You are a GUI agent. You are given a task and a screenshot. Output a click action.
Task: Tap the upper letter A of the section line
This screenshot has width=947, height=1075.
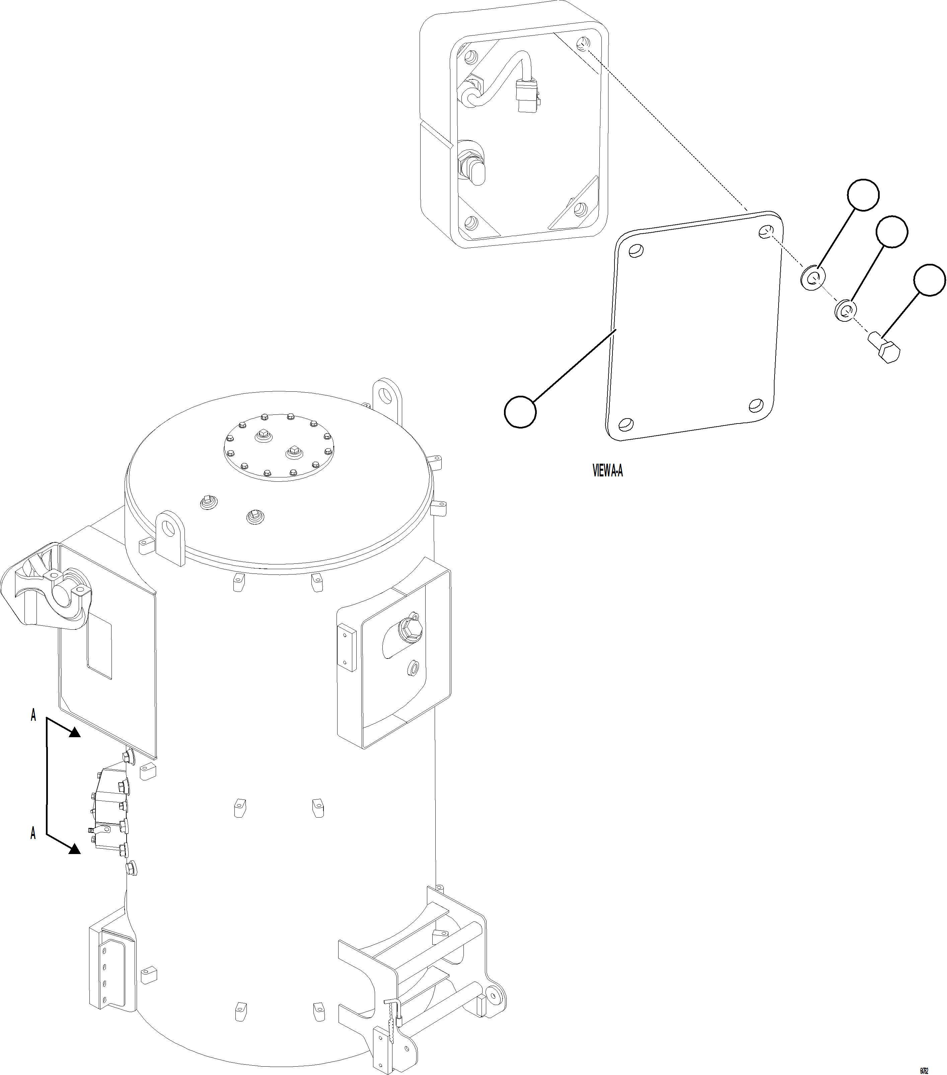(x=33, y=715)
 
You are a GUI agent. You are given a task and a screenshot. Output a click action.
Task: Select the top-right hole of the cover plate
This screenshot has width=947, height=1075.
(x=766, y=231)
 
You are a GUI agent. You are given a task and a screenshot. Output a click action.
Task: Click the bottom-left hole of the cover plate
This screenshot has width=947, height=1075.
(x=626, y=424)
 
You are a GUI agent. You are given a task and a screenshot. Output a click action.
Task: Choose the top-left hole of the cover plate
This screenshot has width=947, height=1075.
(x=636, y=250)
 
